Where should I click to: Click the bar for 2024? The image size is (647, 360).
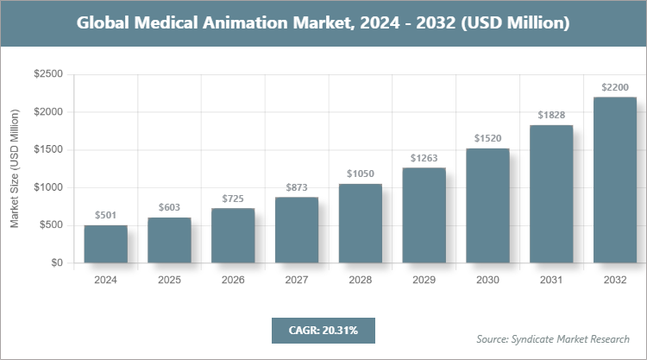click(x=105, y=243)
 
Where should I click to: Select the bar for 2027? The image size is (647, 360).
click(x=297, y=230)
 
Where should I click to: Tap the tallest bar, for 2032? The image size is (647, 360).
click(x=615, y=180)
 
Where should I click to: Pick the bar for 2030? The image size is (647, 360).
click(x=487, y=205)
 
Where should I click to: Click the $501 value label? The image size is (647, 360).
click(x=105, y=215)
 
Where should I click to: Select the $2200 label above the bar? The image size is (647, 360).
click(x=615, y=86)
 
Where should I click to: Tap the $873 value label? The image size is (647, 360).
click(x=297, y=186)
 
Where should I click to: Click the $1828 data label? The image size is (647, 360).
click(x=551, y=115)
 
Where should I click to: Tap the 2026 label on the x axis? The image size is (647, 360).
click(x=233, y=281)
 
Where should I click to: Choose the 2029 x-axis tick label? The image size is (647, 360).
click(x=424, y=281)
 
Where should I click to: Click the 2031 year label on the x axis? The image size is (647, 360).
click(x=551, y=281)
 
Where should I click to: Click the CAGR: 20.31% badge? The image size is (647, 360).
click(x=323, y=330)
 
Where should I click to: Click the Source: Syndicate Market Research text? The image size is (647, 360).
click(x=552, y=338)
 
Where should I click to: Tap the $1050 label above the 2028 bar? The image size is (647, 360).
click(x=361, y=173)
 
